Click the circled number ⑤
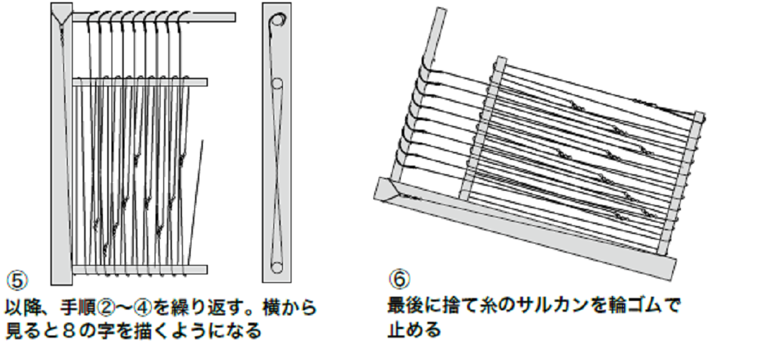[x=16, y=278]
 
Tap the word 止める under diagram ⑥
[x=414, y=330]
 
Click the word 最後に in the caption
[x=414, y=306]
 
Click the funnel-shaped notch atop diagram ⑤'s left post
[x=62, y=14]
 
